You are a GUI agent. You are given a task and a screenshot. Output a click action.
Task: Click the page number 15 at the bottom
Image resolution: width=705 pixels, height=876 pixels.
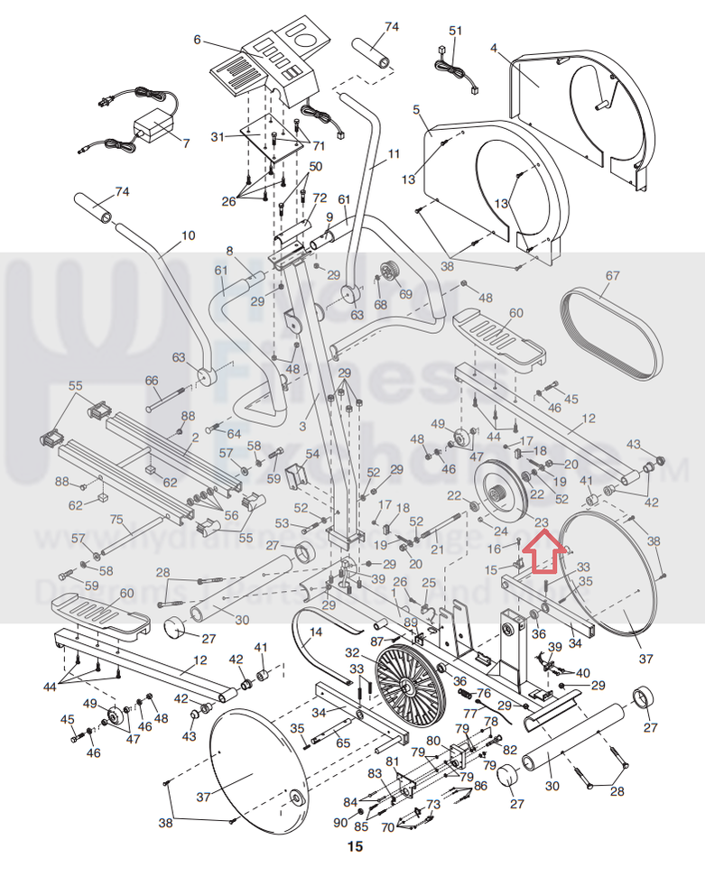(355, 846)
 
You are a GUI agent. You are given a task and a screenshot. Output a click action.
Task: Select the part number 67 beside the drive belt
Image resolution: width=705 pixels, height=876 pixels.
(613, 275)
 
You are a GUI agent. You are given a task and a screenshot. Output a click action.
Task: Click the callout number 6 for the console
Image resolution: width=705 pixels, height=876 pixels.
(197, 40)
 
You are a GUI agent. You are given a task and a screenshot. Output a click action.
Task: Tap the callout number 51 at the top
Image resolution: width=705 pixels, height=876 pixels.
(455, 31)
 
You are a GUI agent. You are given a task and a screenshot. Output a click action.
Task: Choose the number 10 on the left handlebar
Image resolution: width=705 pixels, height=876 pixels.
(188, 235)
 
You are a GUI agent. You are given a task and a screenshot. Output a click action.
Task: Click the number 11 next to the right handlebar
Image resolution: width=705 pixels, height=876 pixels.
(394, 153)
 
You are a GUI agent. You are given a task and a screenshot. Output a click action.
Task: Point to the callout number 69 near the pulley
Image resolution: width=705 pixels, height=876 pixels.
(404, 294)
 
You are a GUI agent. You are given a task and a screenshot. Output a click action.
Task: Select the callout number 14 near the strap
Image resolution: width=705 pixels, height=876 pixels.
(315, 633)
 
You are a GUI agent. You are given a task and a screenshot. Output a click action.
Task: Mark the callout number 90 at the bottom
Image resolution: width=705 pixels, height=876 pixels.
(339, 823)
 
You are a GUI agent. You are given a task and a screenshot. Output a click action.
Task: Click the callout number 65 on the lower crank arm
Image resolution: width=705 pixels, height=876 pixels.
(342, 742)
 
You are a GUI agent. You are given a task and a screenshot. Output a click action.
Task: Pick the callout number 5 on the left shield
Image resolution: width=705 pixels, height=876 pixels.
(416, 109)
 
